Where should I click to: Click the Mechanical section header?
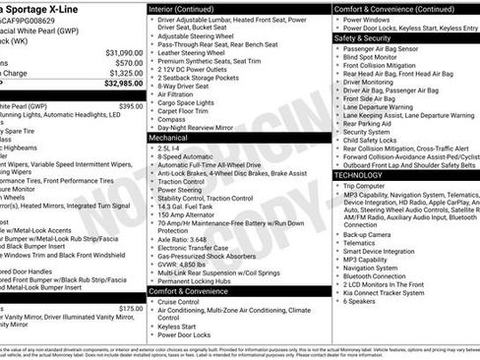[169, 139]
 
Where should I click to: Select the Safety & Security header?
[363, 37]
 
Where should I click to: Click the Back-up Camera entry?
[367, 235]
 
